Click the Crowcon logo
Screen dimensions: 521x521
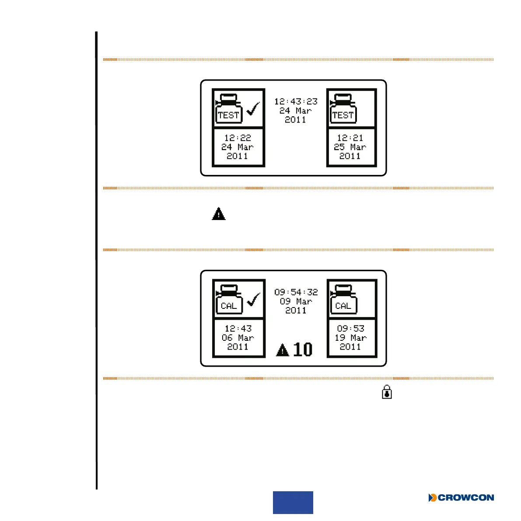(x=461, y=497)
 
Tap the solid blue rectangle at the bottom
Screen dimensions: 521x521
(x=293, y=502)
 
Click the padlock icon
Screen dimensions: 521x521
(x=387, y=392)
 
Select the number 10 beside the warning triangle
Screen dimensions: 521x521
(x=303, y=350)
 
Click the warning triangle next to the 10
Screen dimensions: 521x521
(x=283, y=350)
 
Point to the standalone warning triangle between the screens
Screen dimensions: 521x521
(x=219, y=214)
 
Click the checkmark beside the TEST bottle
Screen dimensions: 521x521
(x=253, y=108)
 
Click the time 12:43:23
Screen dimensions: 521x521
(x=296, y=101)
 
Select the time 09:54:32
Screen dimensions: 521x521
(x=296, y=292)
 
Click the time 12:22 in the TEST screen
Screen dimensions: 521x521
(x=238, y=138)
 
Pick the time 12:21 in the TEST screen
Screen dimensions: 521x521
(x=350, y=138)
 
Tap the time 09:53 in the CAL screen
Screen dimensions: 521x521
(x=350, y=329)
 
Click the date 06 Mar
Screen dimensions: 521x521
(x=238, y=338)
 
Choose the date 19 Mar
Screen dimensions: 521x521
(x=350, y=338)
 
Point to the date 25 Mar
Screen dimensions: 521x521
(x=350, y=147)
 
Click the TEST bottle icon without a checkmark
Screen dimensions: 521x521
(x=343, y=108)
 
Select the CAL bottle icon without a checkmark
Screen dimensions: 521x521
(x=343, y=299)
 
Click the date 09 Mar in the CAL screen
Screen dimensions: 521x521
(x=296, y=301)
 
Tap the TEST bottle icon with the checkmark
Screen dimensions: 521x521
(x=229, y=108)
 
